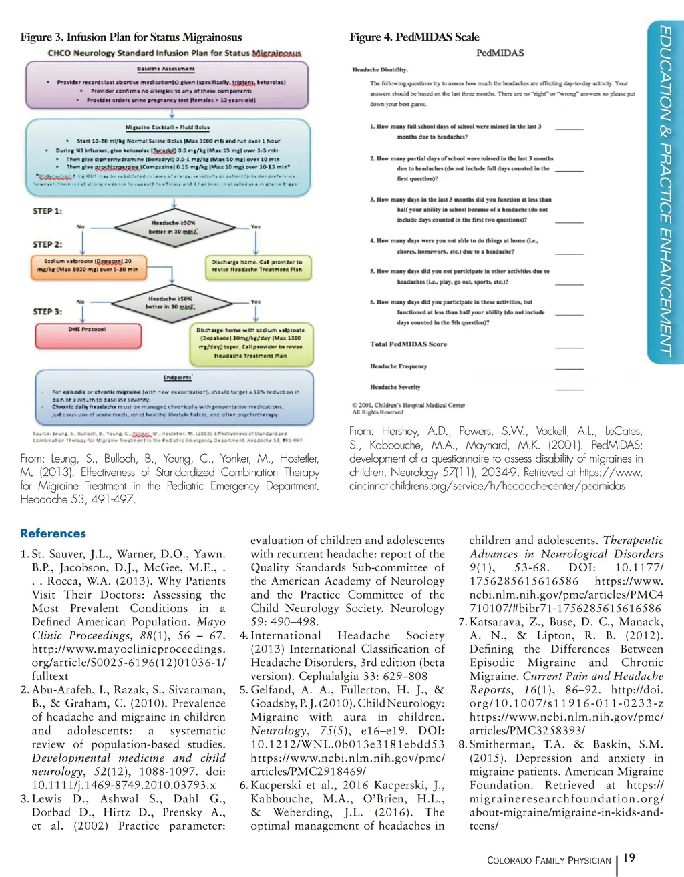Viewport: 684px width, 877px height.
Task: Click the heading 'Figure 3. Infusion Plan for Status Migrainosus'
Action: coord(131,37)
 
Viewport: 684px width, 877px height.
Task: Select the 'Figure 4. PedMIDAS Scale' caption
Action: coord(414,37)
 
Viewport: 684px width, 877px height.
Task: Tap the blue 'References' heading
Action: coord(53,533)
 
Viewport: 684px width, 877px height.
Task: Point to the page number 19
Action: coord(629,858)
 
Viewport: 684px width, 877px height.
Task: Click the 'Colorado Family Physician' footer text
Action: coord(549,860)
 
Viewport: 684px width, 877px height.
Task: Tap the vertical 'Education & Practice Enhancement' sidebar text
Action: coord(665,190)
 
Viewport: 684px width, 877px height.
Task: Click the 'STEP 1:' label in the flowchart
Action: coord(47,211)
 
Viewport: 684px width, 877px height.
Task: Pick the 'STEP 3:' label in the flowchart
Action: coord(47,312)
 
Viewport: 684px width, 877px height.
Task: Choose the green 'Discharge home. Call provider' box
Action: coord(257,266)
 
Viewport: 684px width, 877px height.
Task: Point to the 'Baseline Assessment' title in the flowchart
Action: coord(166,69)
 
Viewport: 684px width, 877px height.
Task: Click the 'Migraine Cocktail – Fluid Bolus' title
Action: coord(168,127)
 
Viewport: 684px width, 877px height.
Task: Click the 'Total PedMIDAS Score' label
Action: coord(409,344)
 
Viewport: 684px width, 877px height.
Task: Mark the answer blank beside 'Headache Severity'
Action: coord(569,388)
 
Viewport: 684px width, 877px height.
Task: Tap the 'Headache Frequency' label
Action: coord(399,366)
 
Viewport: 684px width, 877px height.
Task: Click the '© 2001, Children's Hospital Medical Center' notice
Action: coord(409,405)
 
